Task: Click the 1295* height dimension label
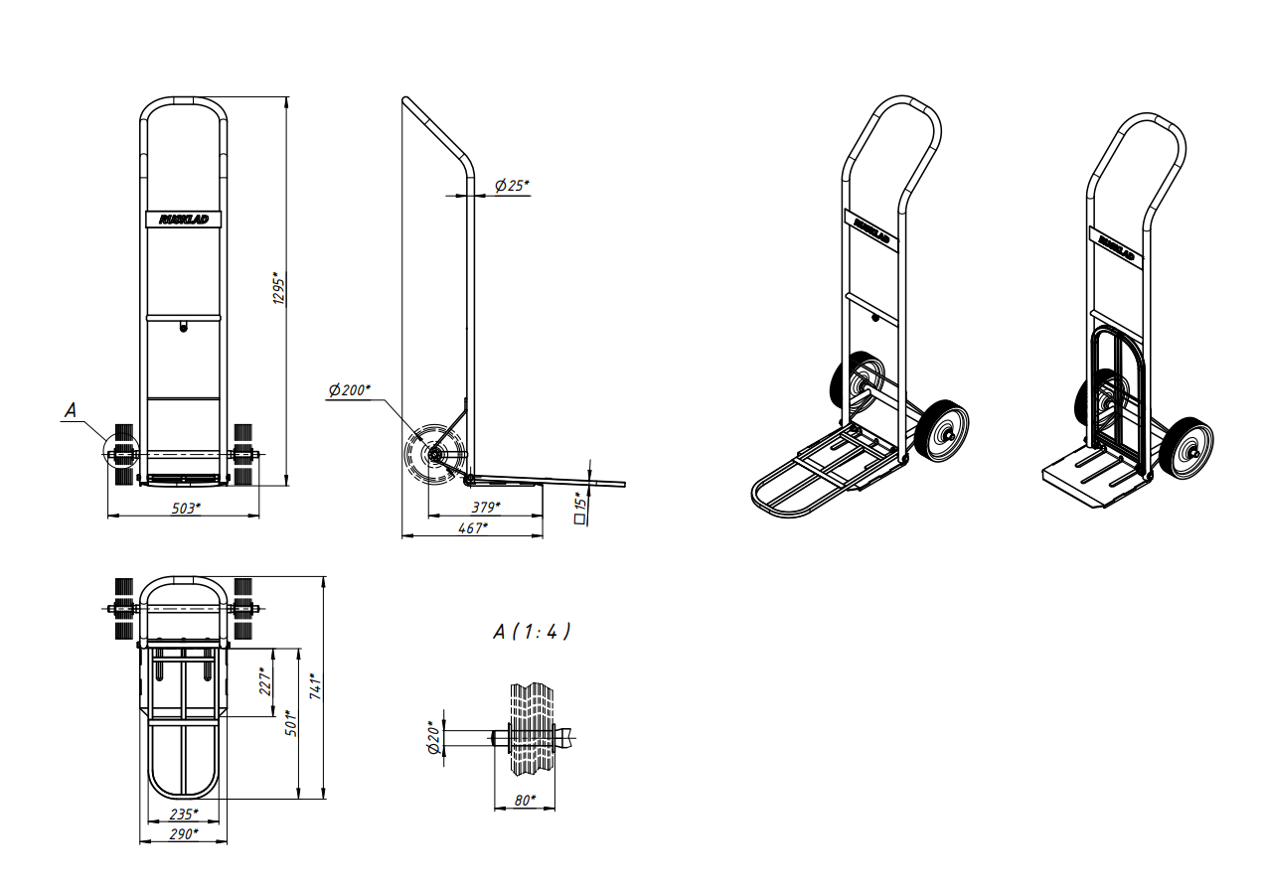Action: [279, 289]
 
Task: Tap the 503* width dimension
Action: [186, 509]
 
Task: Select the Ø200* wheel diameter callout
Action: [350, 389]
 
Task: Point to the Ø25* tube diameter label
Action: [512, 185]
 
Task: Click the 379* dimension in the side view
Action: [486, 508]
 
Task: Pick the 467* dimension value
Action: [473, 528]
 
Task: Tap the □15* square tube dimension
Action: [580, 508]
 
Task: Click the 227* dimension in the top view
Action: [265, 681]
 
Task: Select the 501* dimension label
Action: [291, 722]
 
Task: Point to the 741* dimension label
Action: [316, 686]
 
